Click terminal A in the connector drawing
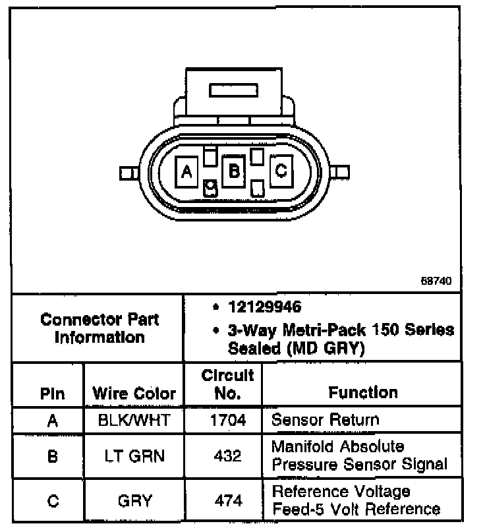tap(186, 172)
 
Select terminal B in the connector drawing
tap(233, 171)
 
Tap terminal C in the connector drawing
tap(281, 171)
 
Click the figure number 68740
tap(436, 280)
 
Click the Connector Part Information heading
tap(100, 328)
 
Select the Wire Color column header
tap(134, 394)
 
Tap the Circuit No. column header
tap(227, 385)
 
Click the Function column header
tap(363, 393)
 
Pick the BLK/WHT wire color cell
tap(134, 420)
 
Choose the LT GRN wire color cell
tap(134, 455)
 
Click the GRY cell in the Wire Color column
tap(134, 501)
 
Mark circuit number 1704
tap(227, 420)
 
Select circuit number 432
tap(227, 455)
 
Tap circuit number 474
tap(227, 501)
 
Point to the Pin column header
tap(52, 394)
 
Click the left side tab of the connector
tap(127, 173)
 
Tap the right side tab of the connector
tap(341, 173)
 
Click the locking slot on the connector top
tap(231, 89)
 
